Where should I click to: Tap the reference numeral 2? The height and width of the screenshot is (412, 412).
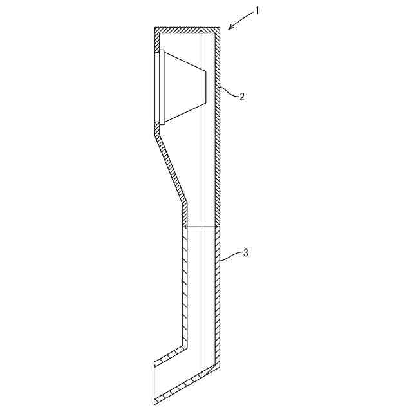[x=242, y=97]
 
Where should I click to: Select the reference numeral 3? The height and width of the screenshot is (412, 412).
[x=245, y=253]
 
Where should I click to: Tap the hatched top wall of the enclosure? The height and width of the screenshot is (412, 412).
[x=187, y=29]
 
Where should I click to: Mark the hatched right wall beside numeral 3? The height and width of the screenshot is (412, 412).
[x=218, y=296]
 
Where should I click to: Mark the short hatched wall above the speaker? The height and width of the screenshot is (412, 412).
[x=156, y=40]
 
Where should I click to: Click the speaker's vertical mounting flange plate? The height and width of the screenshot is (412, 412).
[x=162, y=87]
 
